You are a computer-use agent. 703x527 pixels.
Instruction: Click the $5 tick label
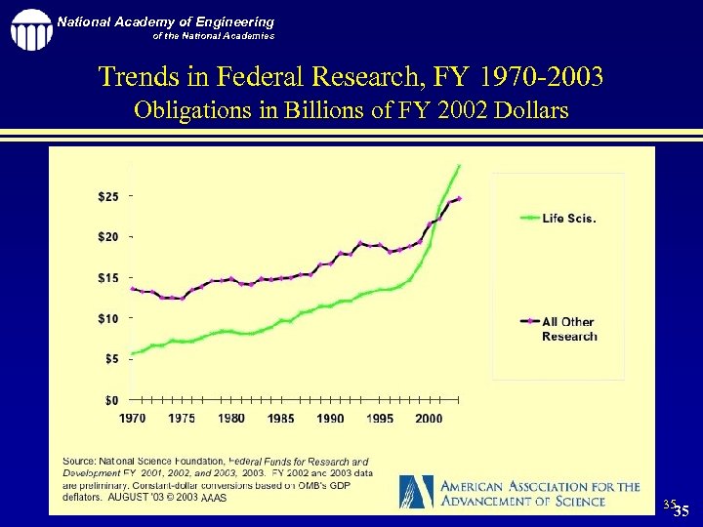click(x=110, y=359)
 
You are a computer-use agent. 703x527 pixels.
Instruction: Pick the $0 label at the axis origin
click(x=113, y=400)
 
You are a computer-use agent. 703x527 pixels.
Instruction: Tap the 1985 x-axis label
click(x=280, y=419)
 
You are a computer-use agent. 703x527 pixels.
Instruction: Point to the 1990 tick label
click(x=330, y=419)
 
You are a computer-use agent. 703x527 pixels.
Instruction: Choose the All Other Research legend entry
click(x=568, y=329)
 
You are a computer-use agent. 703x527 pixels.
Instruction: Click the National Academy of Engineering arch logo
click(x=31, y=29)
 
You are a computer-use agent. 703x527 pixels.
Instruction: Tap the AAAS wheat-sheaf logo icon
click(x=417, y=490)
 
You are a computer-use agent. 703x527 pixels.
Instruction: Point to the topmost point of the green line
click(x=459, y=166)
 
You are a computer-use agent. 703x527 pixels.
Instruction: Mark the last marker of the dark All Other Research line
click(x=459, y=198)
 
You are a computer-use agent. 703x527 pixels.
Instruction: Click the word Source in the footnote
click(x=80, y=460)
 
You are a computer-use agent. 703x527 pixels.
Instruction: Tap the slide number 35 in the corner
click(x=681, y=511)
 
